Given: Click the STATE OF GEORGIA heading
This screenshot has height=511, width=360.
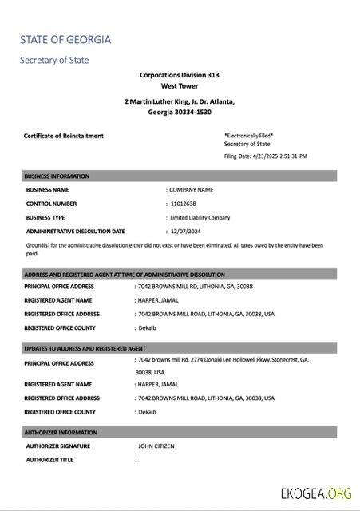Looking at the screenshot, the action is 65,39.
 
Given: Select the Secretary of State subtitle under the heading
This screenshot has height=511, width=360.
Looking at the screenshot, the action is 54,60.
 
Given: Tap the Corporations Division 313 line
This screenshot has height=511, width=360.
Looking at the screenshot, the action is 180,74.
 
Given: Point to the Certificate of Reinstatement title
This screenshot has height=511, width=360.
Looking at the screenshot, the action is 64,136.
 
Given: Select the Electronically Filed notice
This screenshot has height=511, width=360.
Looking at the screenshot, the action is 249,135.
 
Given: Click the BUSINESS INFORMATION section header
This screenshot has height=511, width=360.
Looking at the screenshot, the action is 57,176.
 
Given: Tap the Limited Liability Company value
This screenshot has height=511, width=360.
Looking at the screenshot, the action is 200,217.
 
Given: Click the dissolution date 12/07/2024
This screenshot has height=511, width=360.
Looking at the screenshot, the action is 186,231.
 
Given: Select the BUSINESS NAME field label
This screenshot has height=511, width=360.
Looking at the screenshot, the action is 47,190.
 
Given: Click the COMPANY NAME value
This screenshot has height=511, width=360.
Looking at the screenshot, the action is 192,190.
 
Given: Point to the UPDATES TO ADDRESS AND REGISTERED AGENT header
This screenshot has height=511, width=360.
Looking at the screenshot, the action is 85,348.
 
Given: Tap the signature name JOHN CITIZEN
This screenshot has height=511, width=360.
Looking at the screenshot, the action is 156,446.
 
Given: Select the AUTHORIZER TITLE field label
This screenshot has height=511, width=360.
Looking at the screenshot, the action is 49,460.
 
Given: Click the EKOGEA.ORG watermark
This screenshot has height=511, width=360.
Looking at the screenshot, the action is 316,493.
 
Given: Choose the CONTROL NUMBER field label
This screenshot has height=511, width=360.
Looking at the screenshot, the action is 51,204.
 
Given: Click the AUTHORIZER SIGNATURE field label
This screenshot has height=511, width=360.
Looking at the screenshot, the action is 57,446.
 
